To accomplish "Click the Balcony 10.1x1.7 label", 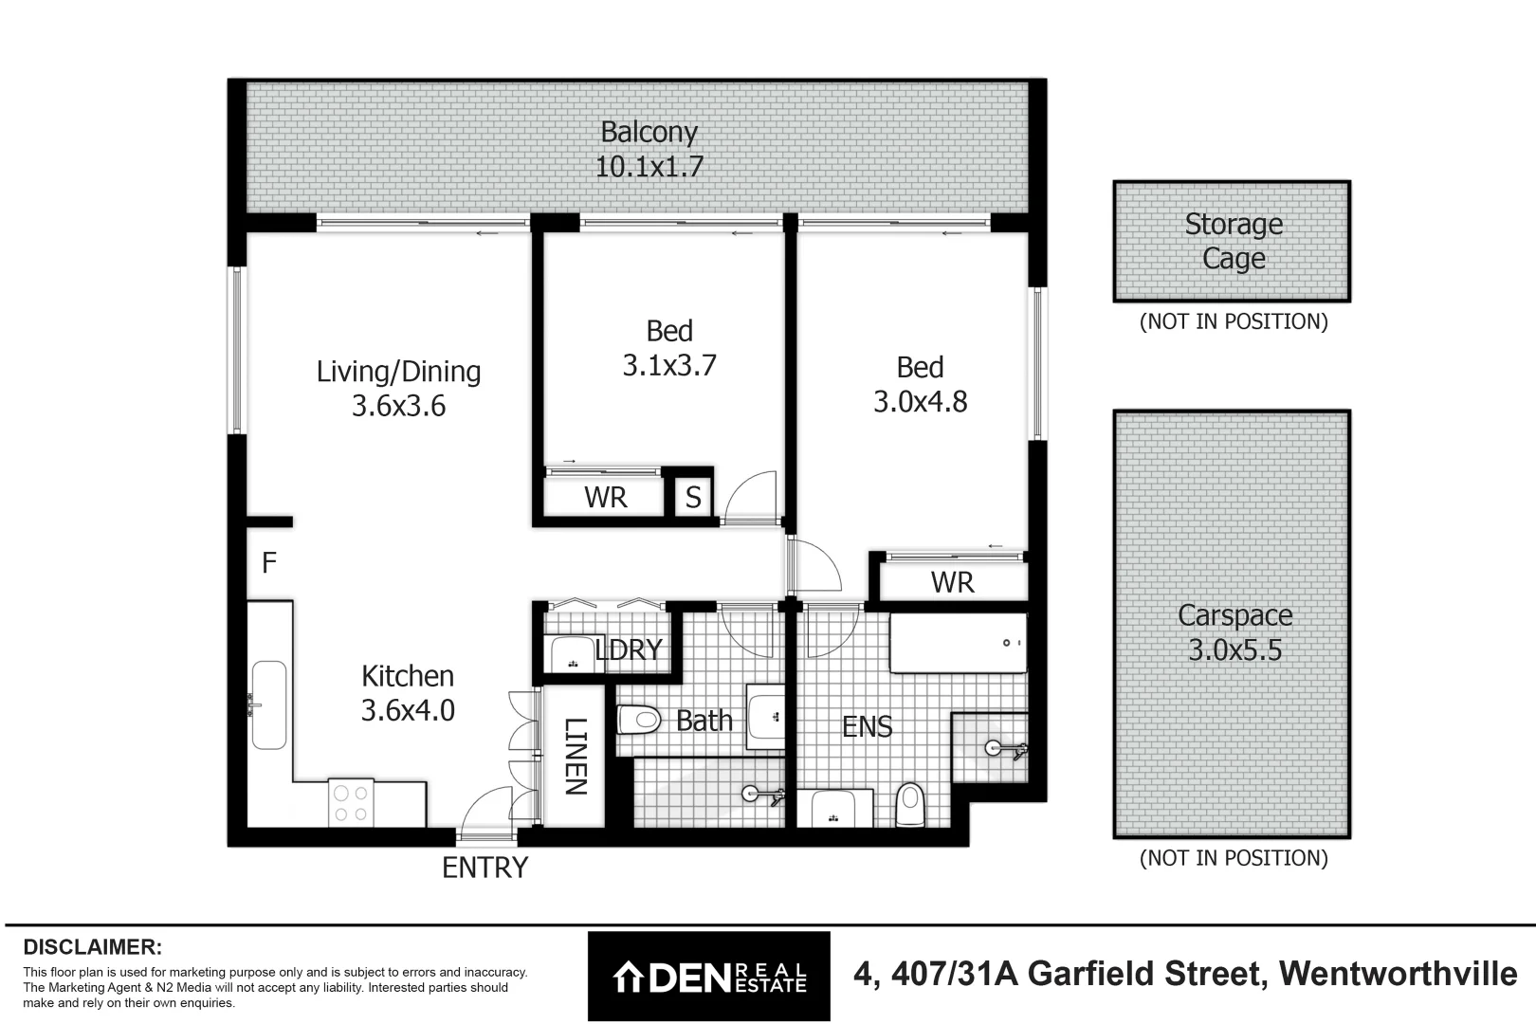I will pyautogui.click(x=649, y=150).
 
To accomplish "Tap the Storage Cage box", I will pyautogui.click(x=1233, y=242).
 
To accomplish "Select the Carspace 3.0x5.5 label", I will pyautogui.click(x=1234, y=632).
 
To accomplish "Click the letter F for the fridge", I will pyautogui.click(x=269, y=563).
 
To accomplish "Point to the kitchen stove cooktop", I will pyautogui.click(x=351, y=801).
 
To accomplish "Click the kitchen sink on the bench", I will pyautogui.click(x=268, y=704).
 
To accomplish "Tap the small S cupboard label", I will pyautogui.click(x=693, y=498).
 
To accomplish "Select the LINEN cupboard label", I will pyautogui.click(x=576, y=757).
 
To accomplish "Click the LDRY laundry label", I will pyautogui.click(x=629, y=649).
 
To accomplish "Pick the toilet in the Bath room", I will pyautogui.click(x=638, y=720).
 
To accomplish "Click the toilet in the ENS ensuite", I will pyautogui.click(x=909, y=804).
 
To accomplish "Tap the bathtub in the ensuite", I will pyautogui.click(x=958, y=643).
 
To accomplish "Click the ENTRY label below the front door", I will pyautogui.click(x=485, y=868).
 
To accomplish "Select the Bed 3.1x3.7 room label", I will pyautogui.click(x=669, y=348).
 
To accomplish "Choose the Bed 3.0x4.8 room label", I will pyautogui.click(x=920, y=384).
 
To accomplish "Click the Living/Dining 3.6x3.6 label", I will pyautogui.click(x=398, y=389).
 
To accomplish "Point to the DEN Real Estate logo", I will pyautogui.click(x=708, y=976).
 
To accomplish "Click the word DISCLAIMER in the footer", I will pyautogui.click(x=92, y=947).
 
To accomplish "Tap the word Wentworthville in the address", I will pyautogui.click(x=1398, y=974).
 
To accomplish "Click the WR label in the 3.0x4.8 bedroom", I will pyautogui.click(x=952, y=582).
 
